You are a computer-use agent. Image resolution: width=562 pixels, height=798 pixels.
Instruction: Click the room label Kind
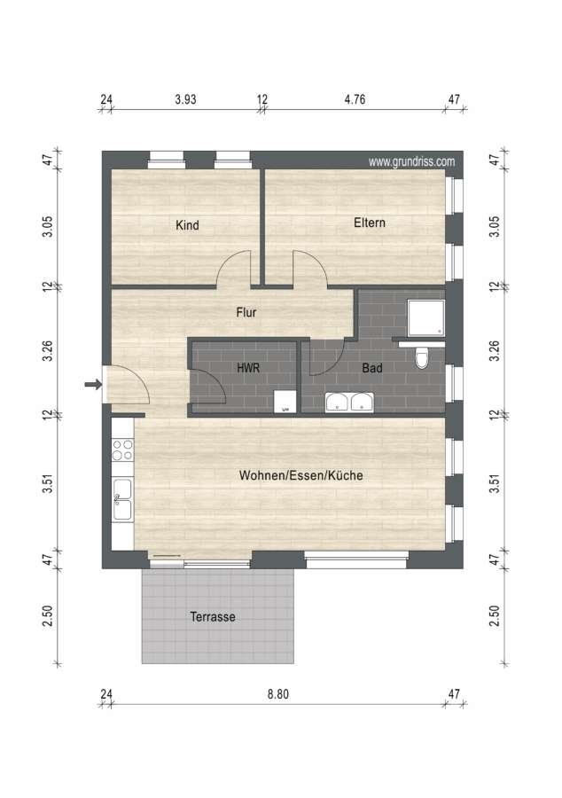pos(187,225)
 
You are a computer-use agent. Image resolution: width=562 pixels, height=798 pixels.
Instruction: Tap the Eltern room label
pos(370,223)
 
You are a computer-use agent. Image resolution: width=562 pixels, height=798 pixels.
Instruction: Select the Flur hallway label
pos(246,312)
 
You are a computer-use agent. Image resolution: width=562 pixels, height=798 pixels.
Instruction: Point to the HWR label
pos(248,367)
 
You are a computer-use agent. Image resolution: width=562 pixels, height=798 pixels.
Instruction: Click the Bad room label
pos(371,367)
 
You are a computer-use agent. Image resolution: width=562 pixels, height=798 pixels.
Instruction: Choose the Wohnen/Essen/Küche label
pos(301,475)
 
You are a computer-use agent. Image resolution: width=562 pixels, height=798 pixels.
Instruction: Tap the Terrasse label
pos(213,617)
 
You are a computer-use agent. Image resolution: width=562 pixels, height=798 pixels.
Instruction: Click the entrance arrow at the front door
pos(93,384)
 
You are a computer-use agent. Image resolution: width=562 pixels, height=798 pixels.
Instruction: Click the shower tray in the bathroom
pos(426,318)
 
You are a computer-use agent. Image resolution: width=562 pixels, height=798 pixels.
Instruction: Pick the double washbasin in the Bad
pos(349,402)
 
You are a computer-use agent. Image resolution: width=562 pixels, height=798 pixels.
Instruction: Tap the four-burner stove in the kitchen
pos(122,450)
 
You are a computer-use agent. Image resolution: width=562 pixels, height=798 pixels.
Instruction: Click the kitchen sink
pos(122,500)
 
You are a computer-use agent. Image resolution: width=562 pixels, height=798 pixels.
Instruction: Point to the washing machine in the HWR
pos(285,402)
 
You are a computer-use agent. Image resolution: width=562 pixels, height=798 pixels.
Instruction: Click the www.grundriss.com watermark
pos(411,162)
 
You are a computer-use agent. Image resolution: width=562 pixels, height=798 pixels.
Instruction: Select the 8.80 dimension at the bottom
pos(278,694)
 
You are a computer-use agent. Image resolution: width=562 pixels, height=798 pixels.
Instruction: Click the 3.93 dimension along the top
pos(185,99)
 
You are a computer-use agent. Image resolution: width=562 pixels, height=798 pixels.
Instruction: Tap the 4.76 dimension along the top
pos(355,99)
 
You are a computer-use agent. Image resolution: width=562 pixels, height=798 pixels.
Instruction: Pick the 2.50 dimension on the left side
pos(47,616)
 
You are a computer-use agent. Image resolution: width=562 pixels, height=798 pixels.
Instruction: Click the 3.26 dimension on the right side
pos(494,351)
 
